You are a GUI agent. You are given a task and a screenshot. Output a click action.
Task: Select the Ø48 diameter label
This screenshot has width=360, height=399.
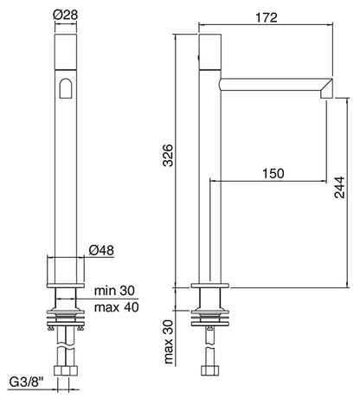pyautogui.click(x=103, y=252)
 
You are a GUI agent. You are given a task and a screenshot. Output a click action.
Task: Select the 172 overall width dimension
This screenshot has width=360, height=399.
pyautogui.click(x=266, y=16)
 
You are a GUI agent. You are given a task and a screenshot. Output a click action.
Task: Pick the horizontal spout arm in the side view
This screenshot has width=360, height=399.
pyautogui.click(x=268, y=84)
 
